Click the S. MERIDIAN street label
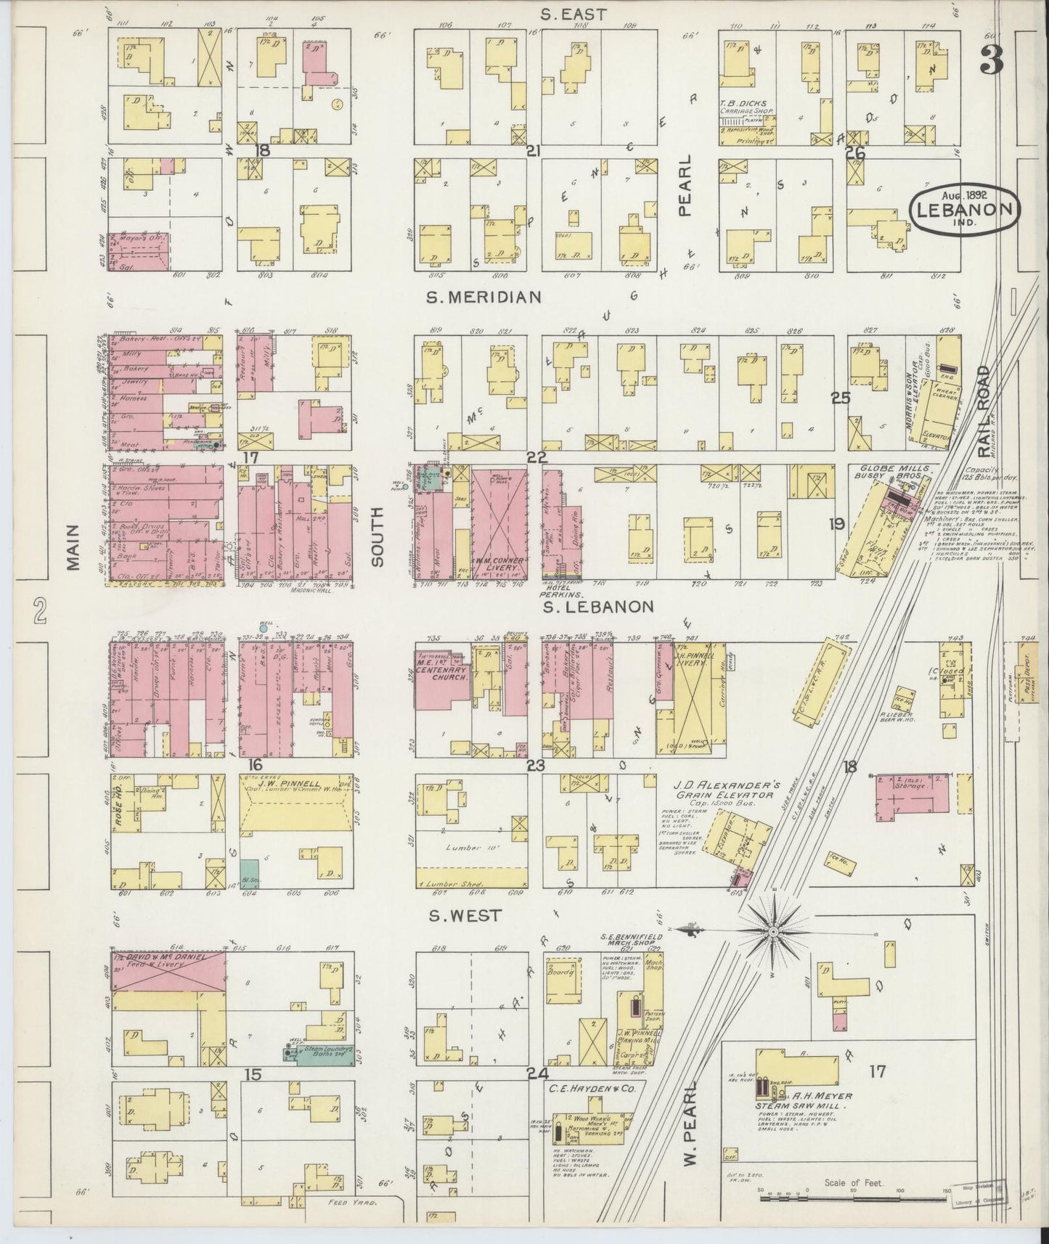point(483,297)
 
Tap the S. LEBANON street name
point(600,606)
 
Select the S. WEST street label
point(464,916)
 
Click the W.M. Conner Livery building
point(497,523)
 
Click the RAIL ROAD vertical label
point(984,411)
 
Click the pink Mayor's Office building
point(139,251)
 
